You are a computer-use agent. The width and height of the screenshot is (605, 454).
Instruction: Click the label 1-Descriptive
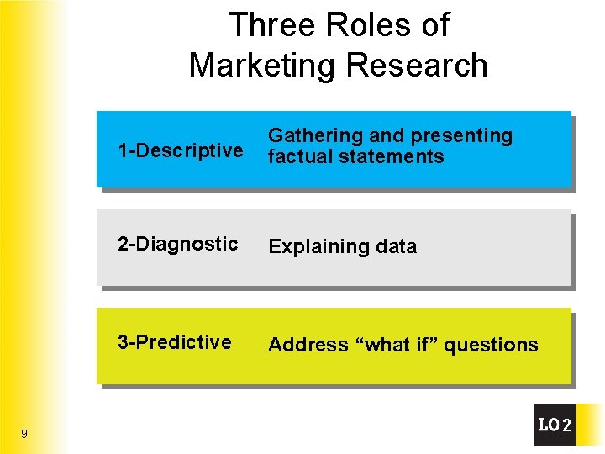(x=181, y=151)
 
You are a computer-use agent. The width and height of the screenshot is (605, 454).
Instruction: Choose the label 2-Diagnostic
(x=178, y=244)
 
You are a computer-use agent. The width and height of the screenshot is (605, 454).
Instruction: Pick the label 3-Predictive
(x=175, y=342)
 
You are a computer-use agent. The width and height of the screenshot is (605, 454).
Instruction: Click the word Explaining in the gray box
(x=312, y=246)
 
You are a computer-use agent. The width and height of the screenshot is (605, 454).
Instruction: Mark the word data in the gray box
(x=395, y=246)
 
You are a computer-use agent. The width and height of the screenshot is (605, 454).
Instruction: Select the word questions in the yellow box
(x=491, y=345)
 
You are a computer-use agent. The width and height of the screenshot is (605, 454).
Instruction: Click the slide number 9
(x=24, y=434)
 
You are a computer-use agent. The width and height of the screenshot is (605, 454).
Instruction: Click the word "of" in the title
(x=434, y=25)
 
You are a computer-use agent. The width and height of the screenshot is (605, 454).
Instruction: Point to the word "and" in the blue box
(x=386, y=136)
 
